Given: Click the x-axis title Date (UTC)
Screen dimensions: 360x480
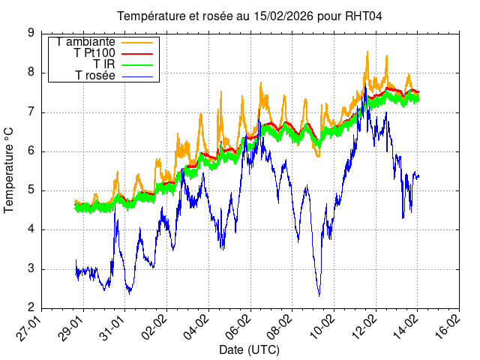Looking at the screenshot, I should [249, 350].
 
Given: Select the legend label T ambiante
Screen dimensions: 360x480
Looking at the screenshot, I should [85, 42].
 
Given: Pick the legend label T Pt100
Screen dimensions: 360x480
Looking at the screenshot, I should [94, 53].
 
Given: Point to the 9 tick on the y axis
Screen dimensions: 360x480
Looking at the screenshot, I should [31, 33].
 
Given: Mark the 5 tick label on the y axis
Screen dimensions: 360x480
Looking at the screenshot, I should [31, 190].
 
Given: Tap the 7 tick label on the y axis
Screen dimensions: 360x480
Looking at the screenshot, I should [31, 112].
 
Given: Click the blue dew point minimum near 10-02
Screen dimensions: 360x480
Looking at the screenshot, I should [319, 295].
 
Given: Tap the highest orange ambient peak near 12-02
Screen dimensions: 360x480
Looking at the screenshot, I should [367, 52].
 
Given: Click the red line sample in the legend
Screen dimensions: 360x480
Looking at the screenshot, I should [136, 53].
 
